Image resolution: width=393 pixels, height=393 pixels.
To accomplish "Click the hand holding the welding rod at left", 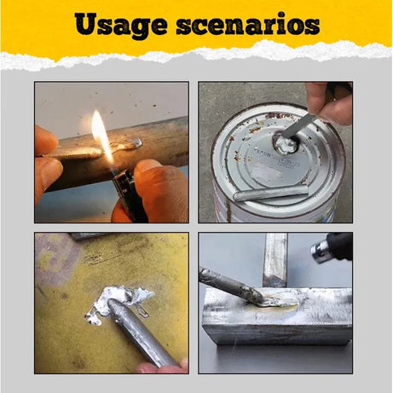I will tap(47, 158).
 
